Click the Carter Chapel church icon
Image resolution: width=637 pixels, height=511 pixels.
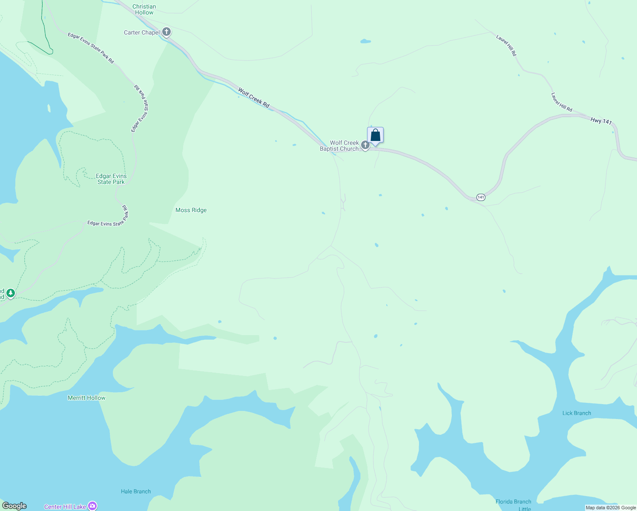coord(166,32)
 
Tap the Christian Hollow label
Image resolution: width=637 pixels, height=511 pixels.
coord(144,9)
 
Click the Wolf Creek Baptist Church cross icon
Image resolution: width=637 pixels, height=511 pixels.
coord(365,146)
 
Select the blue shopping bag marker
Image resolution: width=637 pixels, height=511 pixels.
coord(375,135)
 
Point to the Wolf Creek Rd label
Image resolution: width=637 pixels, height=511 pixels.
coord(254,98)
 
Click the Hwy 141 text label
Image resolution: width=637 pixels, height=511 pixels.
coord(601,121)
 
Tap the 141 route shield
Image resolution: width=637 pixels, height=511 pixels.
coord(481,197)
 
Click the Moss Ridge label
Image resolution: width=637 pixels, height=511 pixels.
coord(191,210)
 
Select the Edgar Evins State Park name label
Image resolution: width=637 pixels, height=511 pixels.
coord(111,179)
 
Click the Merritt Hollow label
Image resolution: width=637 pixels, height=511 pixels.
coord(86,398)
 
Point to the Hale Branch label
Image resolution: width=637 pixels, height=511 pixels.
coord(136,491)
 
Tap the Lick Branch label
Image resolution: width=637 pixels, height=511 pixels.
coord(577,413)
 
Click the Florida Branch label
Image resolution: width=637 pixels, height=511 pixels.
coord(513,502)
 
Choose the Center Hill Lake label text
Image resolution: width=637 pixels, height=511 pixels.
coord(65,507)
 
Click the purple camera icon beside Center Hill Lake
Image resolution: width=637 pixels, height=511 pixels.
coord(92,506)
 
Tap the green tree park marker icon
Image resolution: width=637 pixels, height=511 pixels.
coord(11,293)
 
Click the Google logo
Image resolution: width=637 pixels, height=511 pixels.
coord(14,506)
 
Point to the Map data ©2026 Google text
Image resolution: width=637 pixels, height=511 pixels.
coord(611,508)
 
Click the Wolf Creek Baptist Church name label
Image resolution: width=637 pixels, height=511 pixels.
coord(339,146)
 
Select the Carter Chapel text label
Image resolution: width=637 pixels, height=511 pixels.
coord(142,32)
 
